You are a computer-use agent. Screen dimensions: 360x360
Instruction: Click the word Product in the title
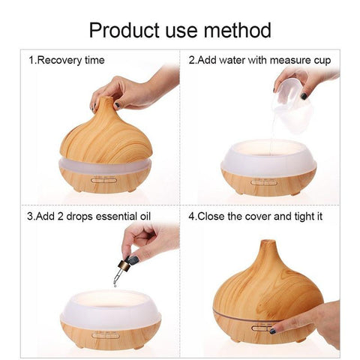[x=124, y=31]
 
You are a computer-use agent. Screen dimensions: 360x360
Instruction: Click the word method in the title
[x=238, y=31]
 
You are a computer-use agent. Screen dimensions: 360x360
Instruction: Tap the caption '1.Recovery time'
[x=67, y=61]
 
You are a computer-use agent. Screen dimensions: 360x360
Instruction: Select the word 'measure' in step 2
[x=290, y=60]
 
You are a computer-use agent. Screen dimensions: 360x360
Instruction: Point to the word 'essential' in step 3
[x=116, y=216]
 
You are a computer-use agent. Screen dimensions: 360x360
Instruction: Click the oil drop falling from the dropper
[x=115, y=284]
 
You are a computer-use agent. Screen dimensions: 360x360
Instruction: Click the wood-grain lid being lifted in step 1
[x=106, y=132]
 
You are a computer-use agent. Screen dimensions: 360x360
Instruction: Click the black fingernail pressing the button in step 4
[x=273, y=331]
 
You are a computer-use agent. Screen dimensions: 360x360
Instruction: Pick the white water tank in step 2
[x=269, y=158]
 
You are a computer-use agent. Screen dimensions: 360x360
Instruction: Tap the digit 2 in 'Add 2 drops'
[x=61, y=216]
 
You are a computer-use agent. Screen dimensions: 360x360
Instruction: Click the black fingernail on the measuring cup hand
[x=304, y=96]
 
